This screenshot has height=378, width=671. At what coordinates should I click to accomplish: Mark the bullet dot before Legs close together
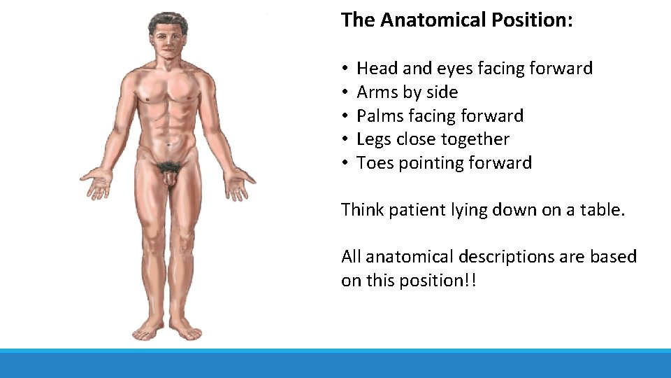tap(346, 140)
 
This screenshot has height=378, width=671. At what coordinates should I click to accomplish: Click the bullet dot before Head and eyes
tap(346, 69)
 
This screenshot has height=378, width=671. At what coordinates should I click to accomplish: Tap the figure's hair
tap(168, 21)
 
